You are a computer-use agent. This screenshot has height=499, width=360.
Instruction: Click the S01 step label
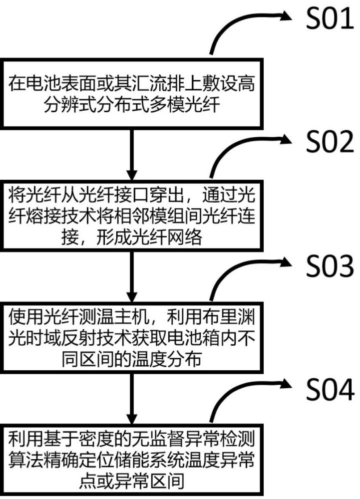coord(330,20)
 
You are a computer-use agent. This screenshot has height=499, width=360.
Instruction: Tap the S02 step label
coord(330,145)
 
